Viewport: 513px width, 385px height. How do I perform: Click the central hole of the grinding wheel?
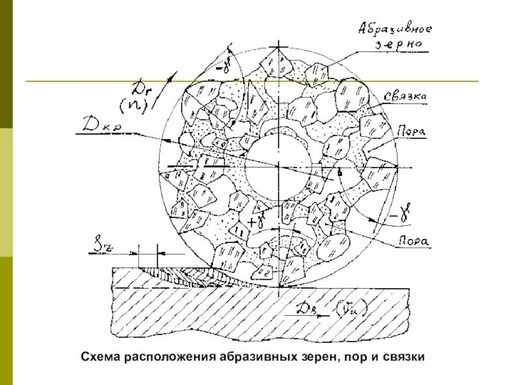point(278,164)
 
